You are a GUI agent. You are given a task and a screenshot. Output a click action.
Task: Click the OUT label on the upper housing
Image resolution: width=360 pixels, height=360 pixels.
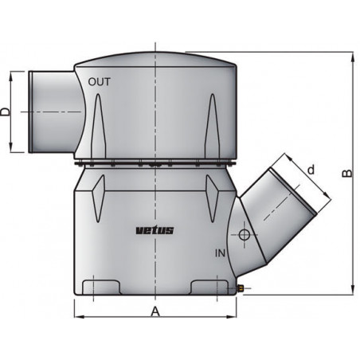click(x=100, y=81)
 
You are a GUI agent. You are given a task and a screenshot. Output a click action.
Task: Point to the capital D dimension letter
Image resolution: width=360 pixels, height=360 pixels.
click(x=7, y=112)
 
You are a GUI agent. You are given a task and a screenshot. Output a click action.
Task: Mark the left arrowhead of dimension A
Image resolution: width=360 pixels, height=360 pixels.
click(x=77, y=319)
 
